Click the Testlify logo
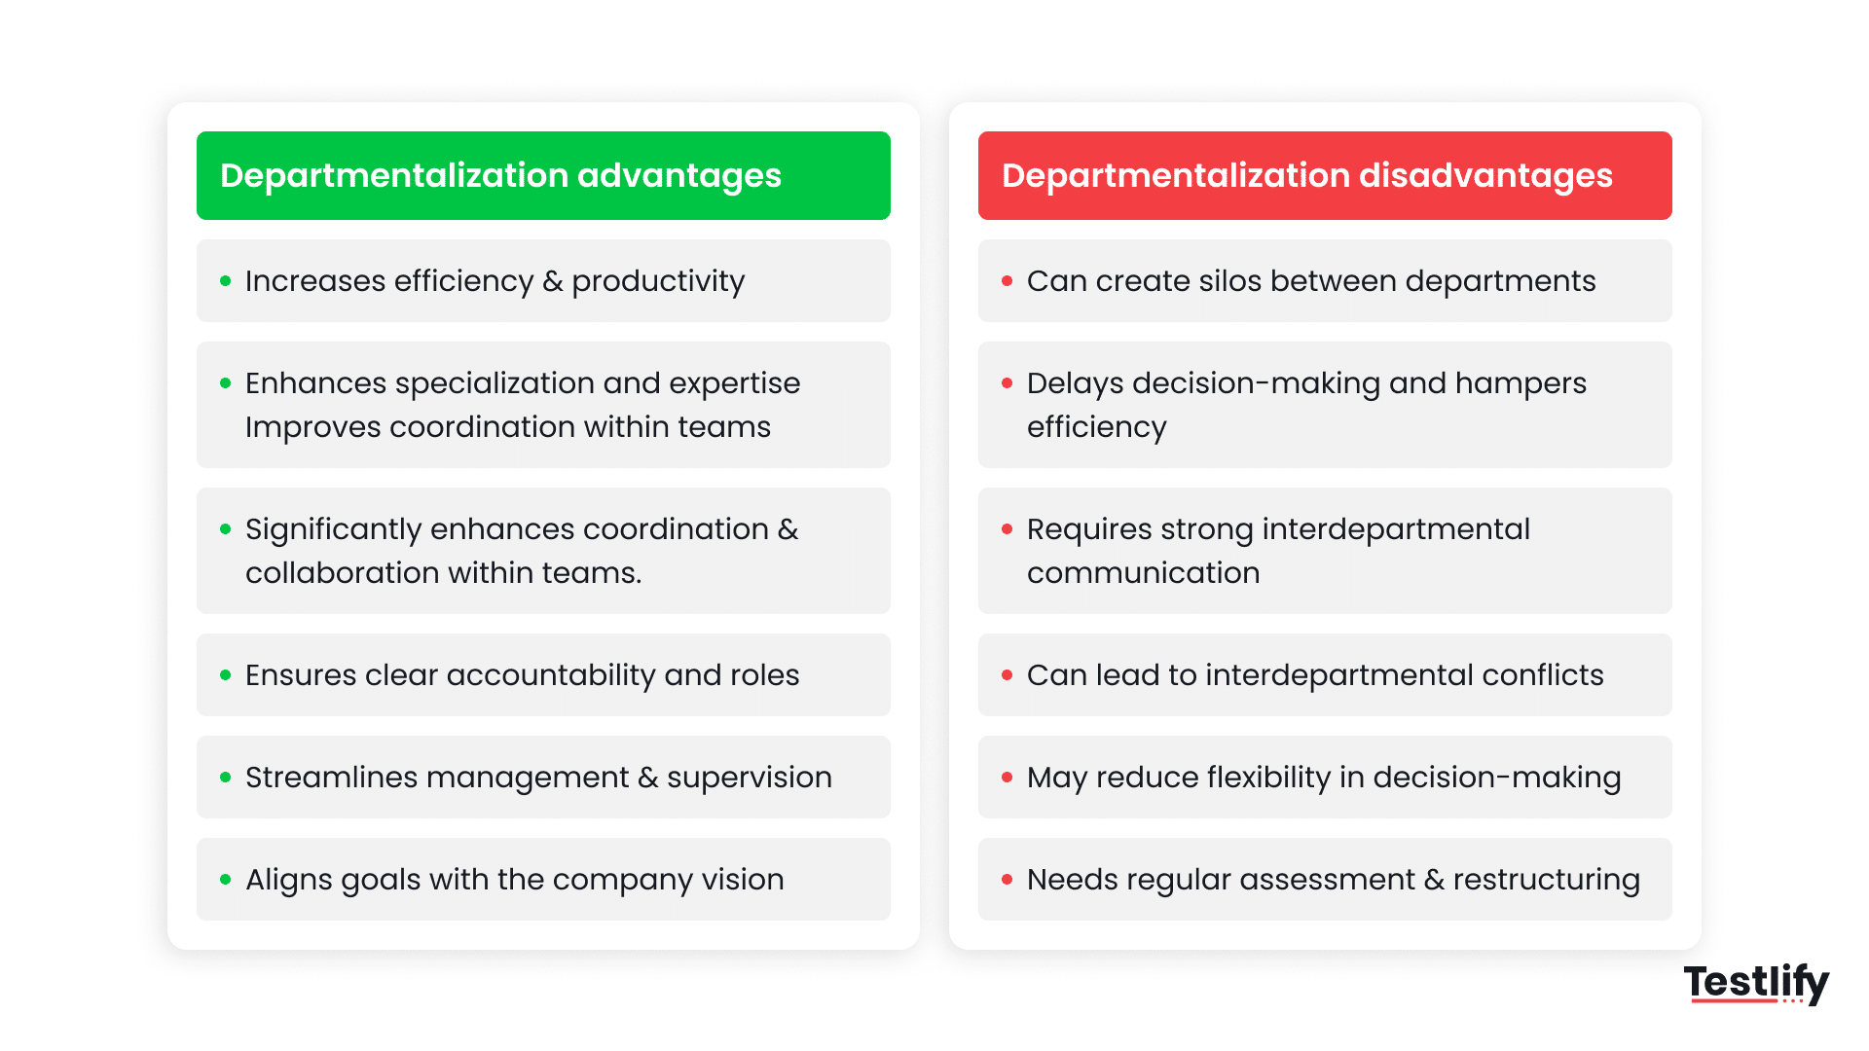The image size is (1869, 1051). click(1756, 983)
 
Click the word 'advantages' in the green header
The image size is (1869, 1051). click(679, 176)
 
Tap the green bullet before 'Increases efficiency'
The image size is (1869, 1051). click(226, 281)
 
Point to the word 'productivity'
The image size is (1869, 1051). click(658, 282)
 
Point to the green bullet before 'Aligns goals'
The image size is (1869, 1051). click(226, 880)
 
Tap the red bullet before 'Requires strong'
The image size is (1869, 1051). click(1008, 529)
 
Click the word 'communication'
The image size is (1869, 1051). click(1143, 573)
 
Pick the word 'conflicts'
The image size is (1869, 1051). click(1542, 675)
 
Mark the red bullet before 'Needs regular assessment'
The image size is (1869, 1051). click(1008, 880)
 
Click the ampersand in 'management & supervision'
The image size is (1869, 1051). click(647, 778)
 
